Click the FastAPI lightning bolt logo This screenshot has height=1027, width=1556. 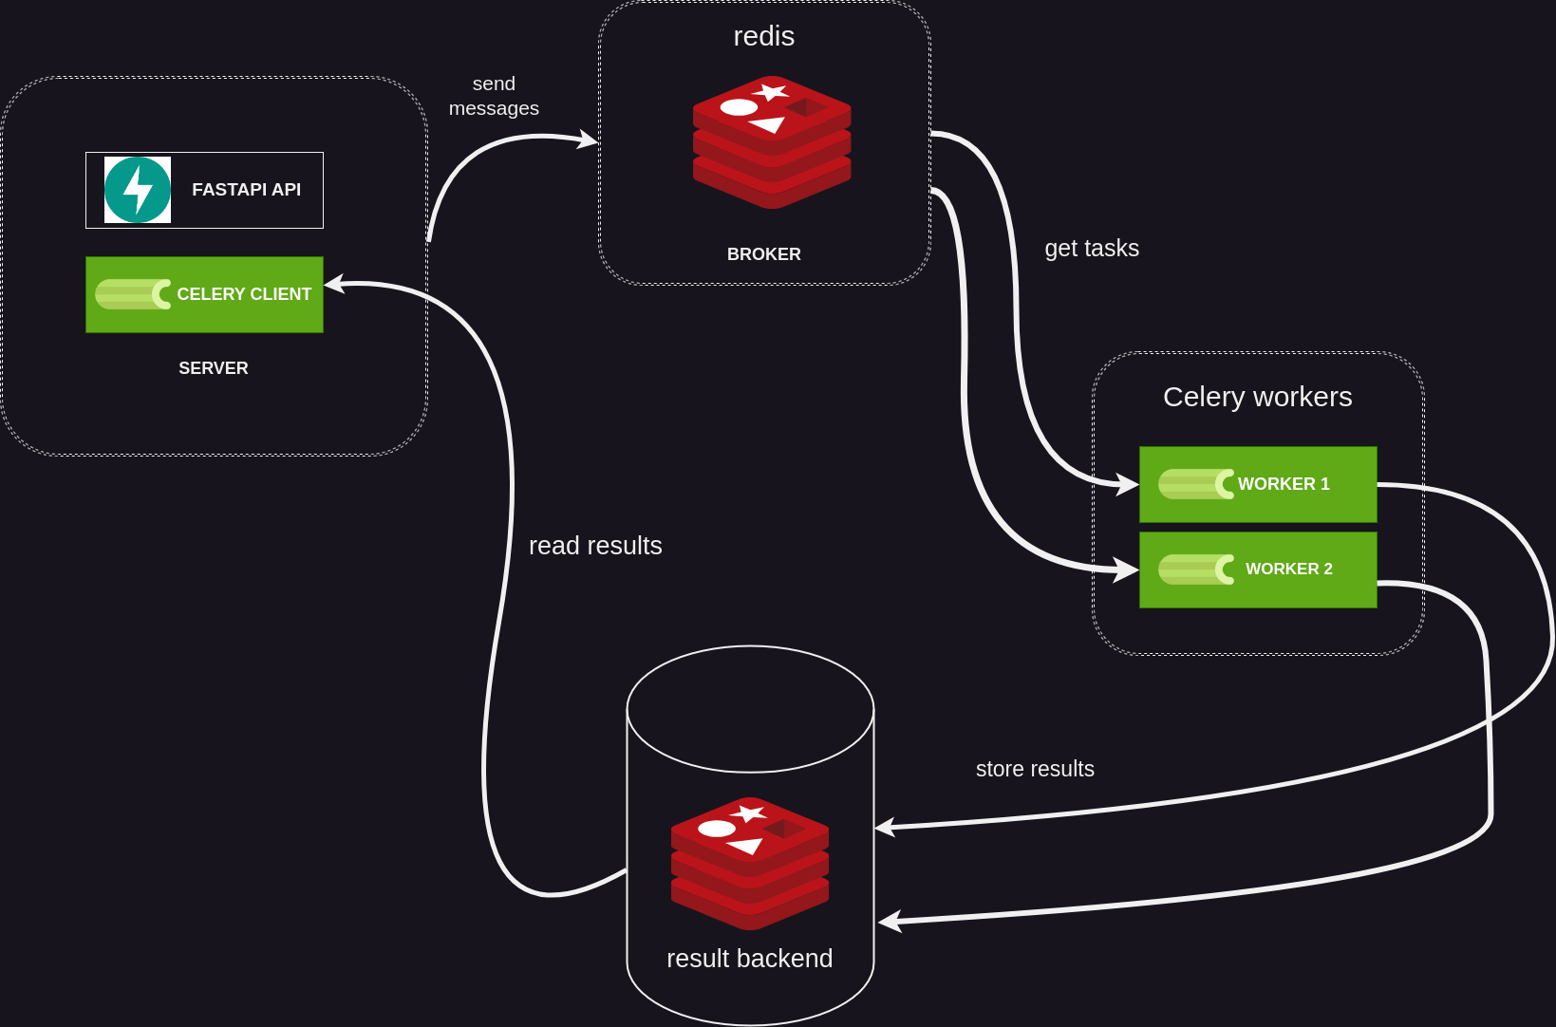138,190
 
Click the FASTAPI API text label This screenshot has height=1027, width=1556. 246,190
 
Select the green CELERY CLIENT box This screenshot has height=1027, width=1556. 204,294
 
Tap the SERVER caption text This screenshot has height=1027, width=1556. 214,368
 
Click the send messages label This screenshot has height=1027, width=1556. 494,96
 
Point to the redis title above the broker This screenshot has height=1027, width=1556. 763,36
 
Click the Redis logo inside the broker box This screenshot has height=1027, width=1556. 771,141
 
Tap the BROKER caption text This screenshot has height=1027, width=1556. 763,254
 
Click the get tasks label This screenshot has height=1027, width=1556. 1092,249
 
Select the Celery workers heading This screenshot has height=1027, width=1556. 1257,397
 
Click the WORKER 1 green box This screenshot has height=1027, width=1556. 1257,484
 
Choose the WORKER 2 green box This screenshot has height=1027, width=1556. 1257,570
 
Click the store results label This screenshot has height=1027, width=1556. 1035,769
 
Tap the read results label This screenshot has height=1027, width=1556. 595,546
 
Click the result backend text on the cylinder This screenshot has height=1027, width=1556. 749,959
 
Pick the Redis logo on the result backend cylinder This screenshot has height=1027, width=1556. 749,863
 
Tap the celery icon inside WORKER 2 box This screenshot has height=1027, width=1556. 1196,570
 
